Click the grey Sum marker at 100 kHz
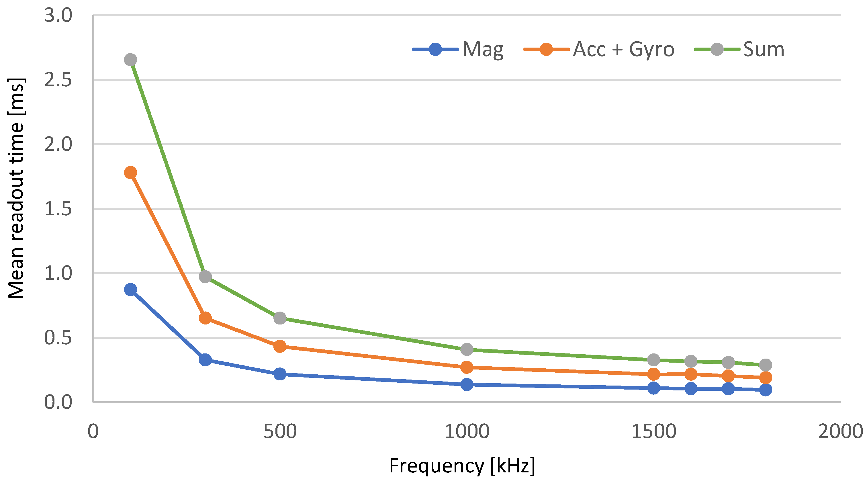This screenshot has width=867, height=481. (130, 60)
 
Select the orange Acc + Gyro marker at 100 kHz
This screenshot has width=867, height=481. (130, 173)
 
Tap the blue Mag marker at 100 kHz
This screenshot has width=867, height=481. (130, 290)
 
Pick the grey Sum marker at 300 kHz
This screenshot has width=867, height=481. (205, 277)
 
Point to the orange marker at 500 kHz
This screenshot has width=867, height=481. (280, 346)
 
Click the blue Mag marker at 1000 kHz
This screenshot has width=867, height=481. (467, 384)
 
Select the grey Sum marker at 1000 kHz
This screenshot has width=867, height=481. (467, 349)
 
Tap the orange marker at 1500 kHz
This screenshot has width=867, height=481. (653, 374)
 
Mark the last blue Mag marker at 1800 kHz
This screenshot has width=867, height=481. (765, 390)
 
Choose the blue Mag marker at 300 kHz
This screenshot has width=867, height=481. (205, 359)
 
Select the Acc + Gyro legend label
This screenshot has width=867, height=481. (623, 50)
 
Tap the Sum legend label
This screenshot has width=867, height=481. (763, 50)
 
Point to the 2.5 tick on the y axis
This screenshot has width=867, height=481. (58, 80)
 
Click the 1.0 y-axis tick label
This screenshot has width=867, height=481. (58, 273)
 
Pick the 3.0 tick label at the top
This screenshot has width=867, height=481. (58, 15)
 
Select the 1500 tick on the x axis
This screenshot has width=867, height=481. (653, 431)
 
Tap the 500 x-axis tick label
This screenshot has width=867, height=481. (280, 431)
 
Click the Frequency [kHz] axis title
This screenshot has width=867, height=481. (462, 466)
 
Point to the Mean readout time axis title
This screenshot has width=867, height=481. (16, 189)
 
